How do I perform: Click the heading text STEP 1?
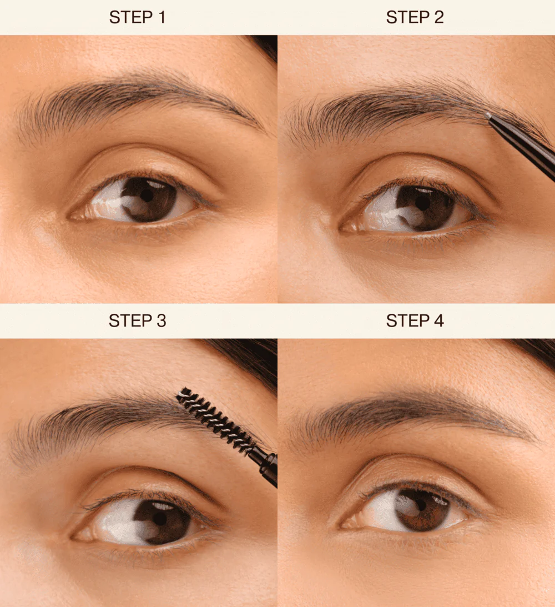click(x=137, y=17)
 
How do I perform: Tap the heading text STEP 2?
click(x=415, y=17)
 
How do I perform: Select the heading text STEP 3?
click(x=137, y=321)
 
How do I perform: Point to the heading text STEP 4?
click(x=415, y=321)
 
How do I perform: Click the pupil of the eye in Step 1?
click(x=147, y=196)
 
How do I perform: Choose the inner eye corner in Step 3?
click(x=75, y=538)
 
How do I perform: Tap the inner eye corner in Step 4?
click(x=344, y=525)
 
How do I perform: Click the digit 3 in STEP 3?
click(x=162, y=321)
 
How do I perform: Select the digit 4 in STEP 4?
click(x=438, y=321)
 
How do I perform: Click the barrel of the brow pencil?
click(x=522, y=148)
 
